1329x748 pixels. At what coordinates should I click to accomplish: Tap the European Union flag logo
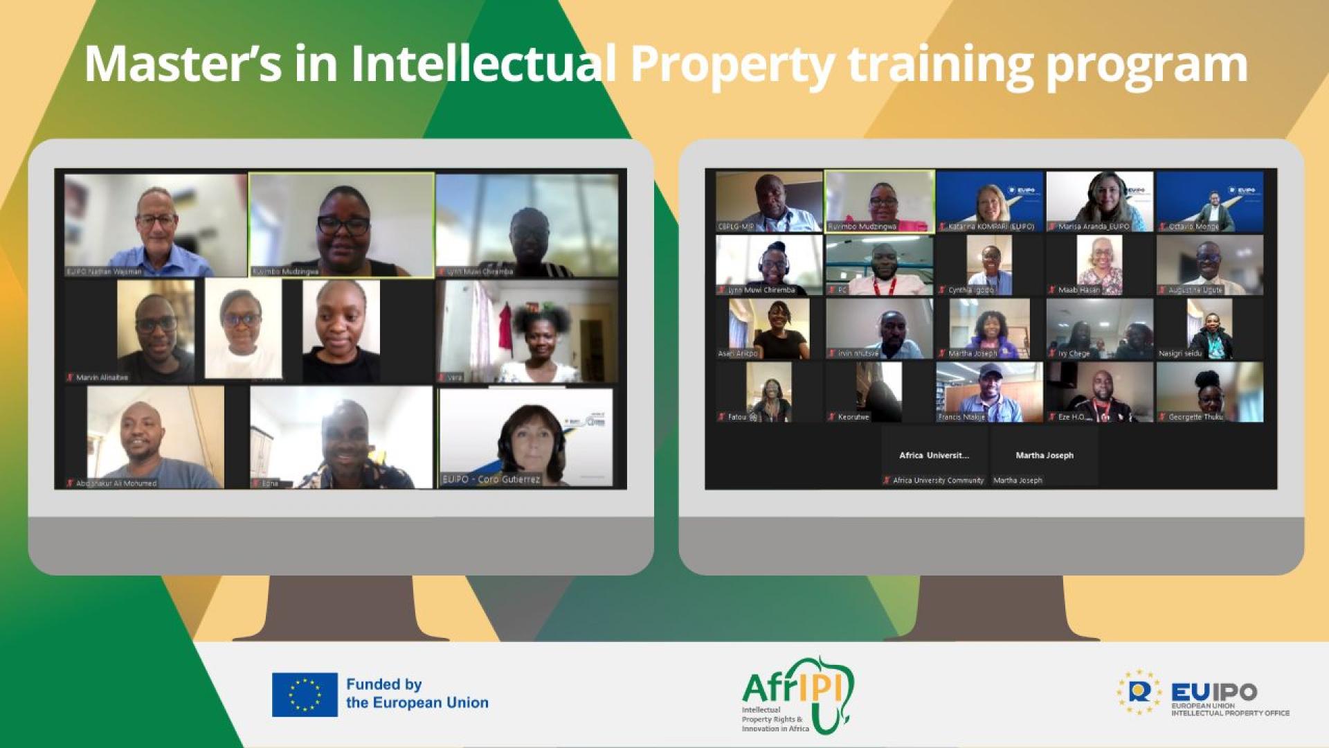[305, 694]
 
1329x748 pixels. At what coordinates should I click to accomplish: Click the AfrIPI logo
[797, 695]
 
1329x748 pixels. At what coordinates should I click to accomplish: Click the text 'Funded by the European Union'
[417, 693]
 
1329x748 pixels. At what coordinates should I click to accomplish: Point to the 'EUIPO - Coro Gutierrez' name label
[491, 479]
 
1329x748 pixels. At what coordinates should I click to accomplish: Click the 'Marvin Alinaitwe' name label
[102, 377]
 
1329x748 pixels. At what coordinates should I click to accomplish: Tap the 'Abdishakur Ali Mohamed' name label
[116, 483]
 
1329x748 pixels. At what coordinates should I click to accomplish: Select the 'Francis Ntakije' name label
[961, 417]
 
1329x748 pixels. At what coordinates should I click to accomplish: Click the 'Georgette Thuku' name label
[1195, 417]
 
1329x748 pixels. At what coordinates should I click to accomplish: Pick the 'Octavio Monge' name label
[1193, 226]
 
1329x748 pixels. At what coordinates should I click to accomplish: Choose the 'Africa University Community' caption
[938, 480]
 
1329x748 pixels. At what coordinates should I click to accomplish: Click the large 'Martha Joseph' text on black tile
[1045, 455]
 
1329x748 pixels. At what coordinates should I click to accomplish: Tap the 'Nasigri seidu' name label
[1180, 353]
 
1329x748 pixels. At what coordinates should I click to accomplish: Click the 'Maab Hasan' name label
[1078, 290]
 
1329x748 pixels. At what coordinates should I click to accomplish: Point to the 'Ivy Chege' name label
[1074, 353]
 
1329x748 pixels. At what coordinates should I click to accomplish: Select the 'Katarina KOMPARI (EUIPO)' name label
[991, 226]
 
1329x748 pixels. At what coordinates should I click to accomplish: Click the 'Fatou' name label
[737, 417]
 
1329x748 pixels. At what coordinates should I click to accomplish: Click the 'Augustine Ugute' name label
[1195, 290]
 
